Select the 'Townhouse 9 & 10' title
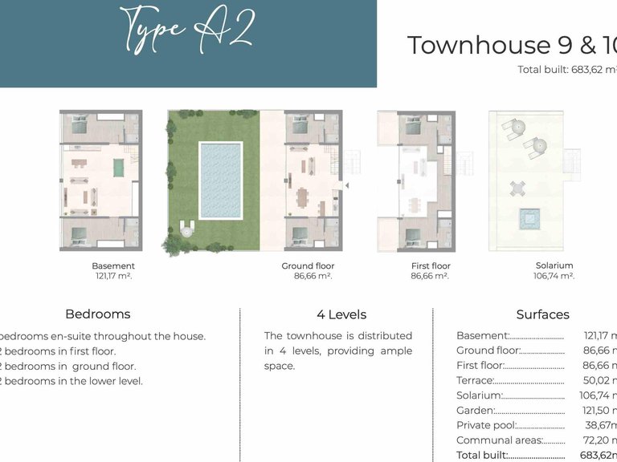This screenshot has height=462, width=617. [x=511, y=46]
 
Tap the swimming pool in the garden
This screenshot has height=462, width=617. [x=219, y=180]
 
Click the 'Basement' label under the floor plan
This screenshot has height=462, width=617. [x=113, y=266]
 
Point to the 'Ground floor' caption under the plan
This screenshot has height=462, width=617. [x=308, y=266]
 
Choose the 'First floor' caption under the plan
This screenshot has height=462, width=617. [x=431, y=266]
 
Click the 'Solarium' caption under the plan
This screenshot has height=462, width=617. [x=554, y=266]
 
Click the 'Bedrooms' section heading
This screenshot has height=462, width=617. [x=97, y=314]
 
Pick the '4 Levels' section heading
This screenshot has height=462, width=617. [x=341, y=314]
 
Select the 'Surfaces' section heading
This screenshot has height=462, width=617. [x=542, y=314]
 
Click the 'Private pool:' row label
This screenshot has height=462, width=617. [x=483, y=425]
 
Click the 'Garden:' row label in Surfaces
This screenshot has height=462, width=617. [x=473, y=410]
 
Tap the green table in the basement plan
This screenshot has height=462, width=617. [x=118, y=168]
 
